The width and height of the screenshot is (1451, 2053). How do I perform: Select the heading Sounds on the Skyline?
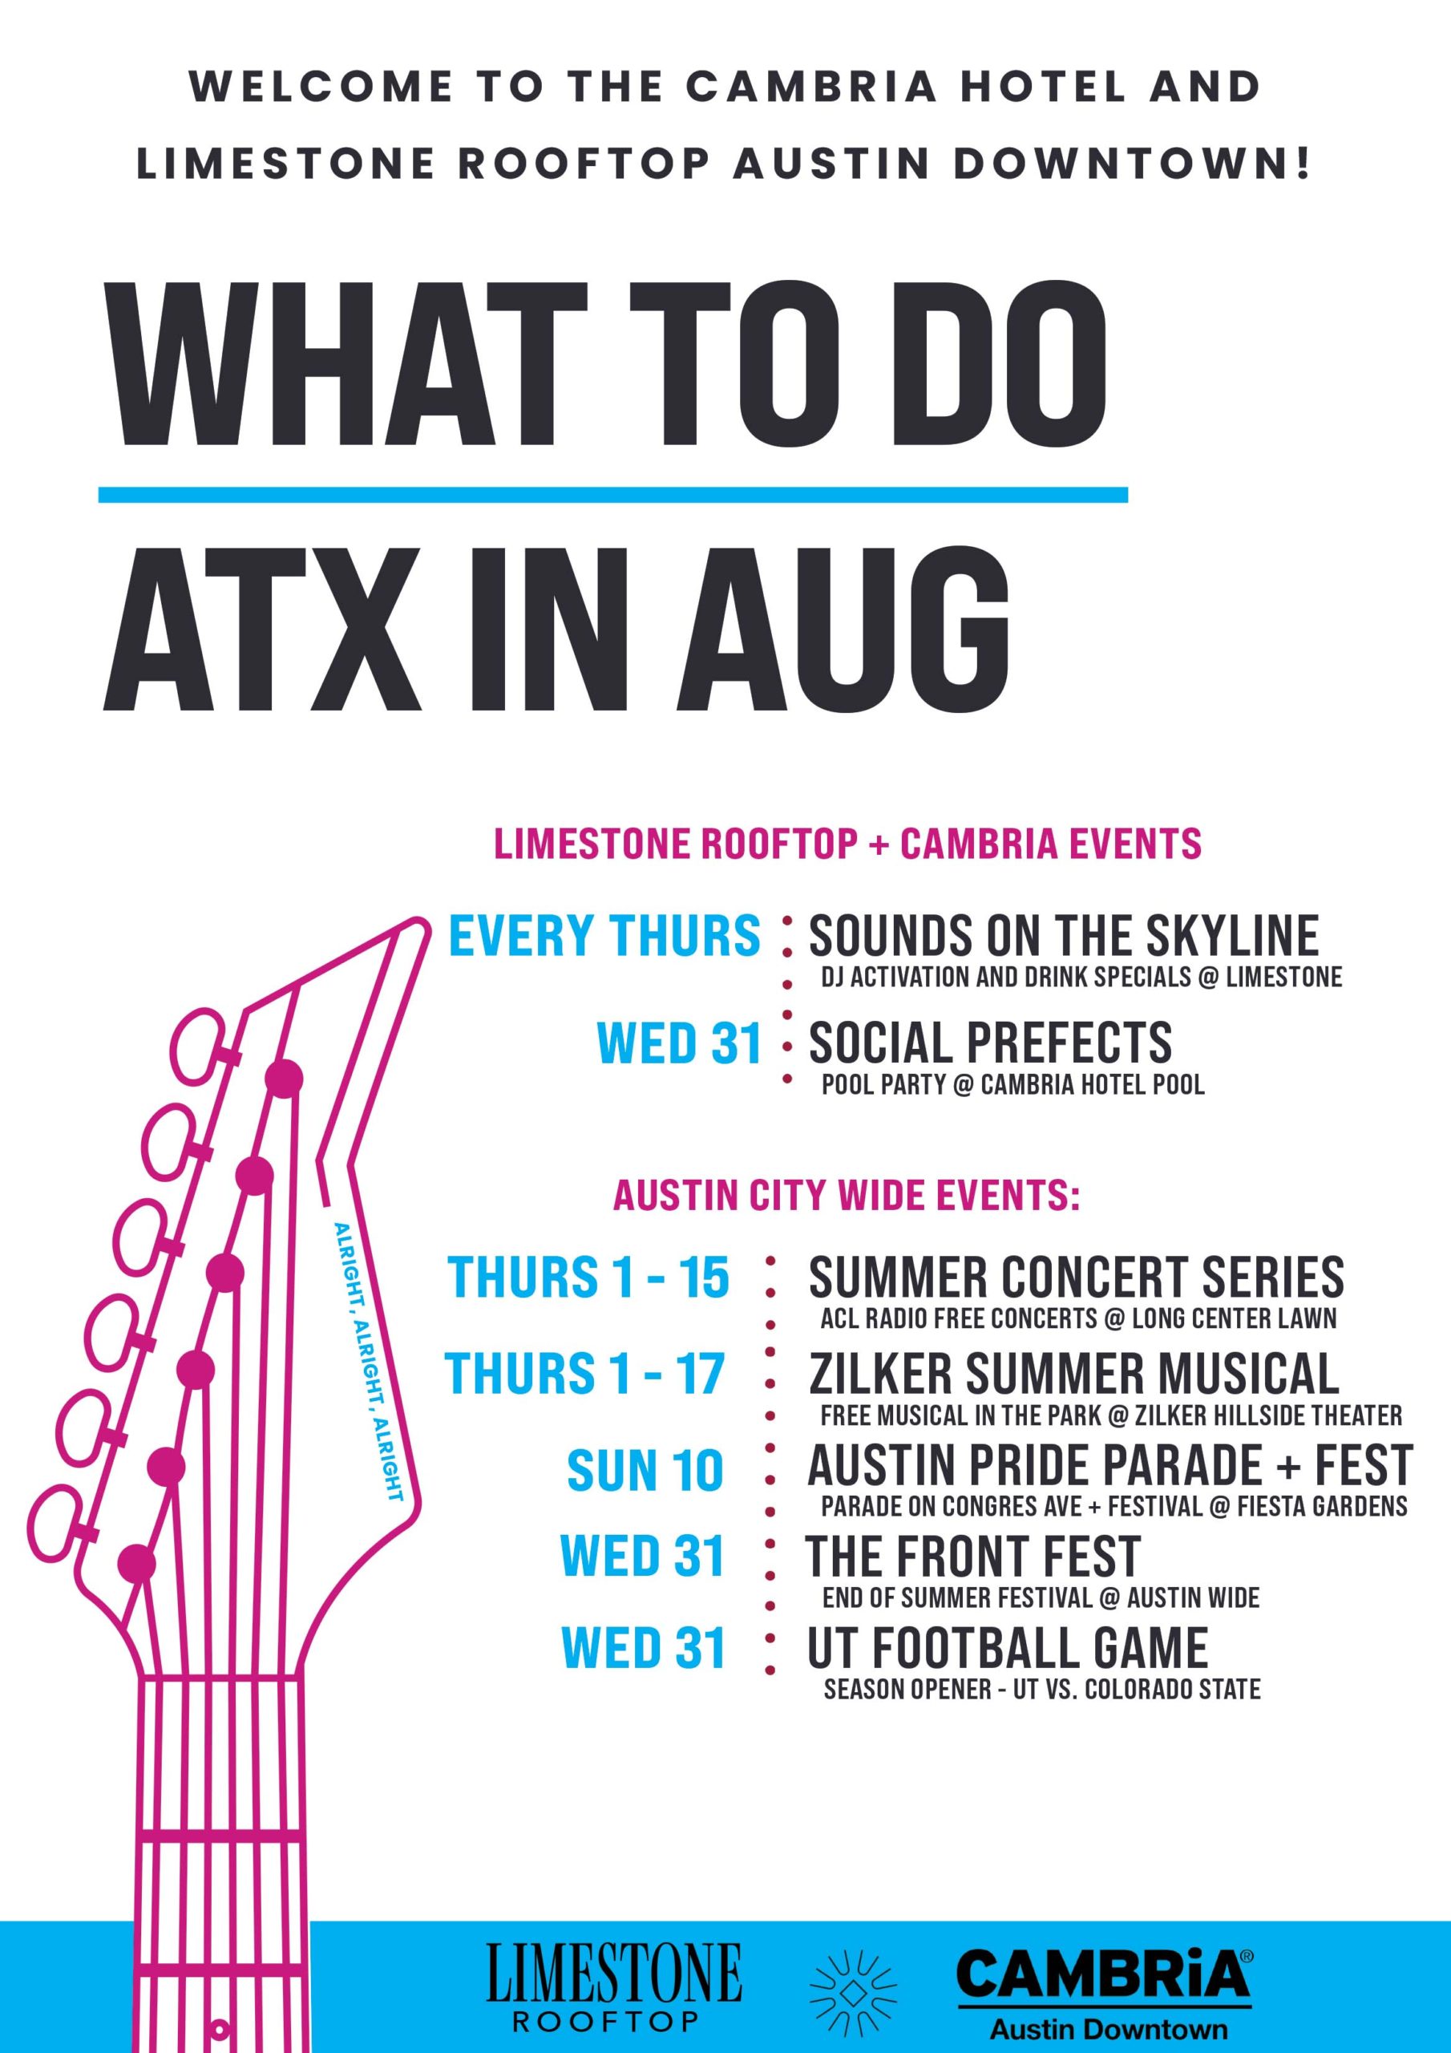1063,936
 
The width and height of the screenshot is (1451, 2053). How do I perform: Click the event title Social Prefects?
990,1043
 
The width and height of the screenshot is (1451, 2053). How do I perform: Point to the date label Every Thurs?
604,936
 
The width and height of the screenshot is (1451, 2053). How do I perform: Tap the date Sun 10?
645,1472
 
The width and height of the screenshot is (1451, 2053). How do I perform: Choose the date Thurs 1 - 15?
588,1277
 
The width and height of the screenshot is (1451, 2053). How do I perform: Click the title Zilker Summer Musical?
1073,1375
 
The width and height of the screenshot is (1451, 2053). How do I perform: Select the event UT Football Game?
1007,1649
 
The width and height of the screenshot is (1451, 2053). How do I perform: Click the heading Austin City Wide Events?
847,1197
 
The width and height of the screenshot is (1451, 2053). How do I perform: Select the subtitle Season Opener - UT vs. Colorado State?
1041,1690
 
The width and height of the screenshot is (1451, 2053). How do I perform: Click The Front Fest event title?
972,1557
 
